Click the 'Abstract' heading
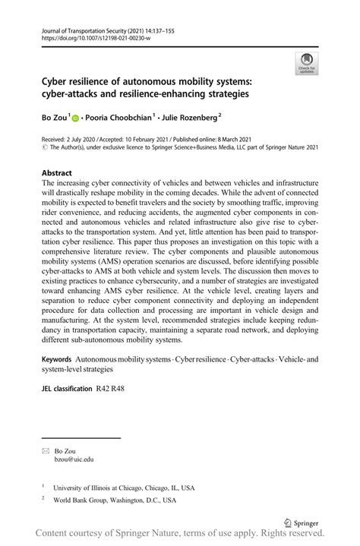click(x=58, y=173)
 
